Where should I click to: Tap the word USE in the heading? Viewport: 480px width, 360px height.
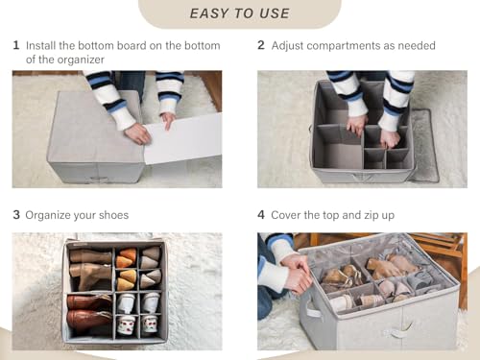point(275,13)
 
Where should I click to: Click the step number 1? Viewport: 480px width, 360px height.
point(16,45)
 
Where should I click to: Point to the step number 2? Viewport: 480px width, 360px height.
point(261,45)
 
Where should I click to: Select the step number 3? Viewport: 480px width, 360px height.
point(16,215)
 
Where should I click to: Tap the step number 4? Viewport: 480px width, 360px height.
point(261,215)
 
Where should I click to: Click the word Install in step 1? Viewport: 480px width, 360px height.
point(40,46)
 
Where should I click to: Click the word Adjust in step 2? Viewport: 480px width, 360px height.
point(287,46)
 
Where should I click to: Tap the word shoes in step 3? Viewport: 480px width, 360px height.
point(113,215)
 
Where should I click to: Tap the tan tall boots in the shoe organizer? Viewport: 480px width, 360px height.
point(90,267)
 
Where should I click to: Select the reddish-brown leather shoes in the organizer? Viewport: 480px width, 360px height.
point(89,312)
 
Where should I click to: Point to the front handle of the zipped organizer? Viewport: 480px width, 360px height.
point(399,330)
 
